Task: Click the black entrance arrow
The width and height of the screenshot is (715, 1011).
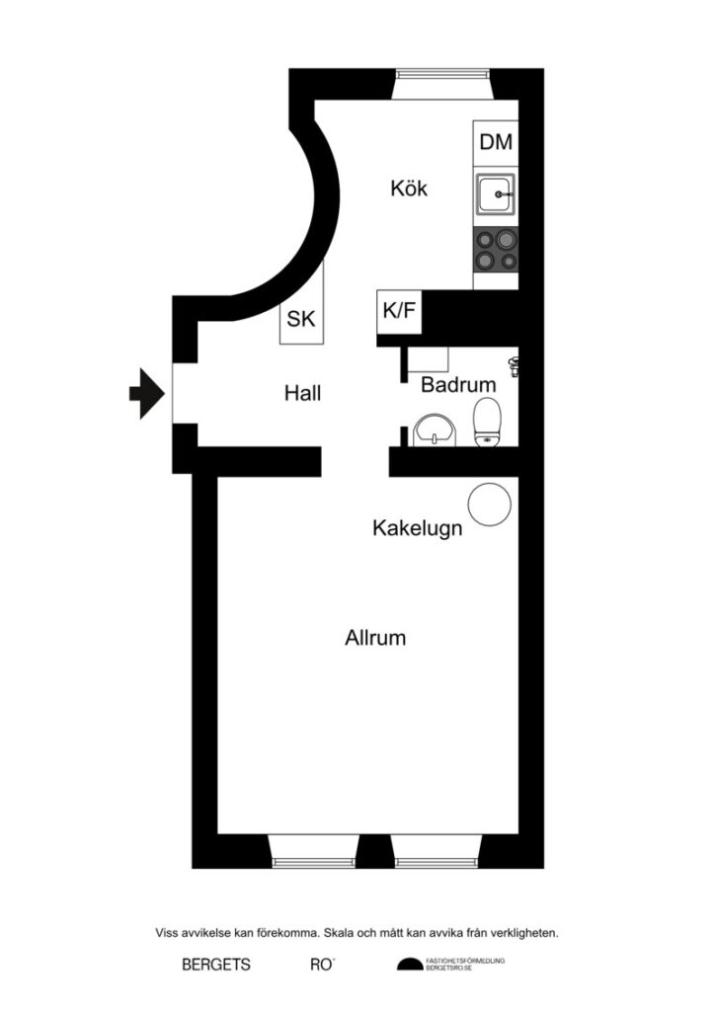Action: pos(145,392)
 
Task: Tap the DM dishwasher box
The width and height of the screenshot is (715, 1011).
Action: pos(496,142)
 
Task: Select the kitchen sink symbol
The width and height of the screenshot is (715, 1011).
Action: pos(495,194)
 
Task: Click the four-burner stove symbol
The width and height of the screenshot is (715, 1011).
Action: pos(495,249)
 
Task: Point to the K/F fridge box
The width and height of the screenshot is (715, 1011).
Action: pos(399,312)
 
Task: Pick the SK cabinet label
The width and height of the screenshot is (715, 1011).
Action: pos(300,320)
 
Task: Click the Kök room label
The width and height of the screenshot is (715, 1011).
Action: pos(409,188)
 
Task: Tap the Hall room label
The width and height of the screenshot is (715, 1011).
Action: pos(302,393)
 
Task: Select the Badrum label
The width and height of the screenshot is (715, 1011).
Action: pos(457,385)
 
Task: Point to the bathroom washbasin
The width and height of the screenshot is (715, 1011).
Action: pos(434,429)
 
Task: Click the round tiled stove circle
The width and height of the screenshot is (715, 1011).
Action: pos(488,505)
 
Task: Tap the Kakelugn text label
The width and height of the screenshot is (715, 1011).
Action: pos(417,529)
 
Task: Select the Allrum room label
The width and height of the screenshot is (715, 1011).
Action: pos(375,638)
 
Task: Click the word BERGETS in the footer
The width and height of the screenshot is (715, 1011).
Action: pos(216,965)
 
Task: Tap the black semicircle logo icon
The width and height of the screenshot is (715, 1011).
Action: pos(409,965)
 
